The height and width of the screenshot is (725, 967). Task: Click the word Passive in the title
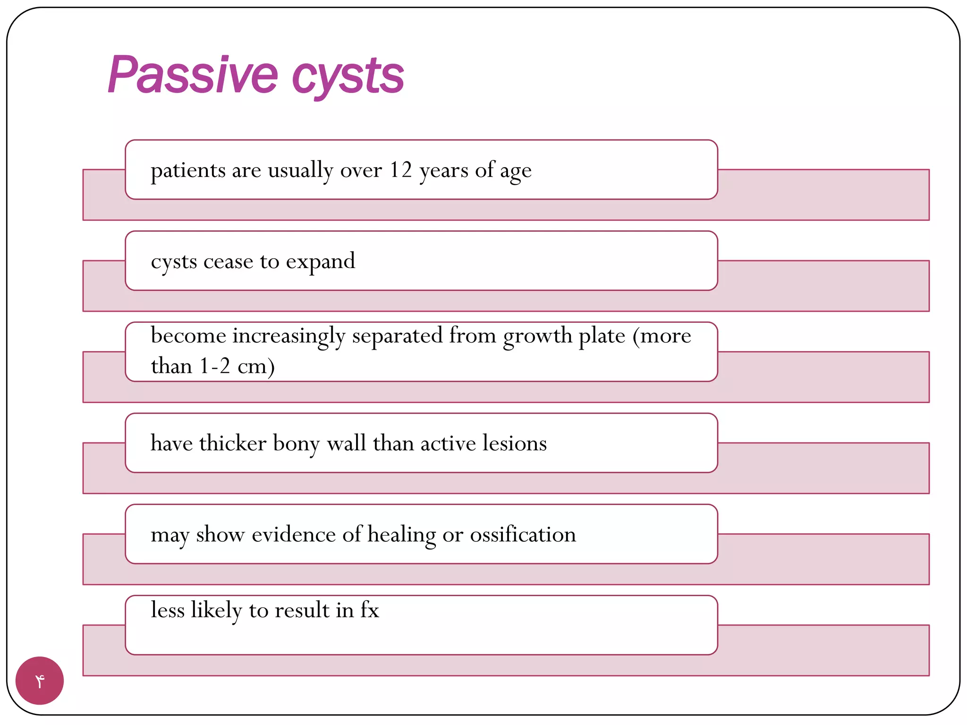click(x=193, y=76)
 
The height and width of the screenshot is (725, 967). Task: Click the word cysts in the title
click(x=348, y=77)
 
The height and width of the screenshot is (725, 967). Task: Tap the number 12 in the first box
click(x=401, y=170)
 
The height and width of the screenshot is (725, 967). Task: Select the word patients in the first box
click(x=188, y=170)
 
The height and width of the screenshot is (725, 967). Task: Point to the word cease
click(x=228, y=261)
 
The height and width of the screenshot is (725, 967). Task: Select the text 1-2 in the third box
click(x=215, y=366)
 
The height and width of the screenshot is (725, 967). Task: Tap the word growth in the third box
click(x=537, y=336)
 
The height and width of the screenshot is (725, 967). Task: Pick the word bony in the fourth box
click(x=296, y=444)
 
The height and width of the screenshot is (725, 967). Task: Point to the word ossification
click(x=523, y=534)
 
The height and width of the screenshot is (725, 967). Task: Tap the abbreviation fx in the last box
click(x=370, y=610)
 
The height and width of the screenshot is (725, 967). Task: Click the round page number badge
click(x=40, y=681)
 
